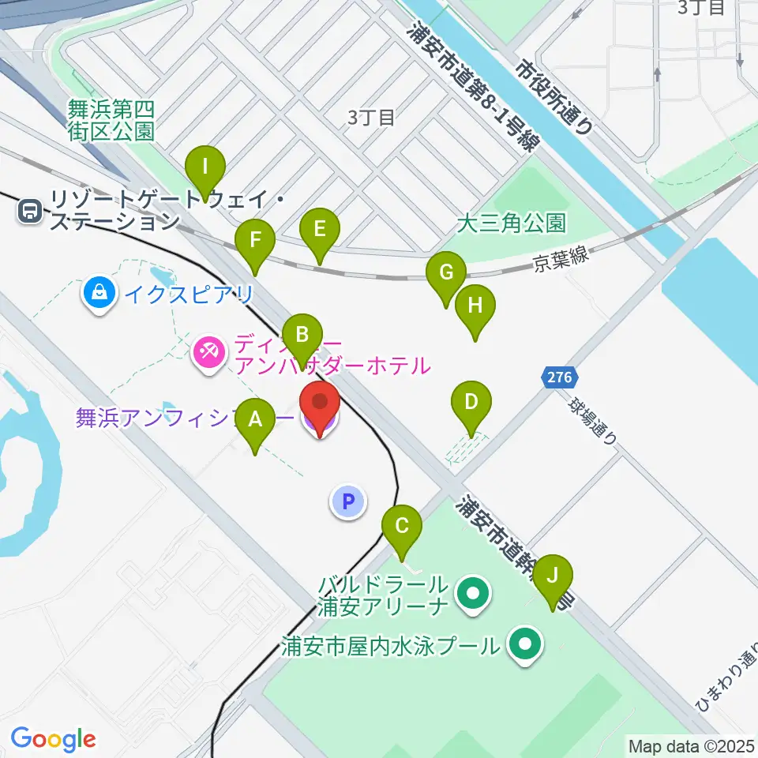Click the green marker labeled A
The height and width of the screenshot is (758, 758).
pos(254,418)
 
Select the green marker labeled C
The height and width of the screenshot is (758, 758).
pos(401,525)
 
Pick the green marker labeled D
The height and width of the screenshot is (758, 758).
pos(471,402)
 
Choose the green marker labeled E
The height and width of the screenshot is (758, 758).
pos(320,229)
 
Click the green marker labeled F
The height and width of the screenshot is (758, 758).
pos(254,239)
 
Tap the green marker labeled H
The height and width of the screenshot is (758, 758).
pos(475,306)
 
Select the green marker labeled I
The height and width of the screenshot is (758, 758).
pos(205,167)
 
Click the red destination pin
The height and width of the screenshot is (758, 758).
pos(321,403)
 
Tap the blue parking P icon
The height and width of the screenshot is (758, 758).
pos(349,501)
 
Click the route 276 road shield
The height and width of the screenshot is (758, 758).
pos(561,377)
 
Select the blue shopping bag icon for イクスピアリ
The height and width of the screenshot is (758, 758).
pos(99,295)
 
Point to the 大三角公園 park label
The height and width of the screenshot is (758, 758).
pos(512,223)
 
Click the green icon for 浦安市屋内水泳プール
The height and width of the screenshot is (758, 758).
pos(524,644)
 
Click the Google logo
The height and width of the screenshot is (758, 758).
pos(53,738)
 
